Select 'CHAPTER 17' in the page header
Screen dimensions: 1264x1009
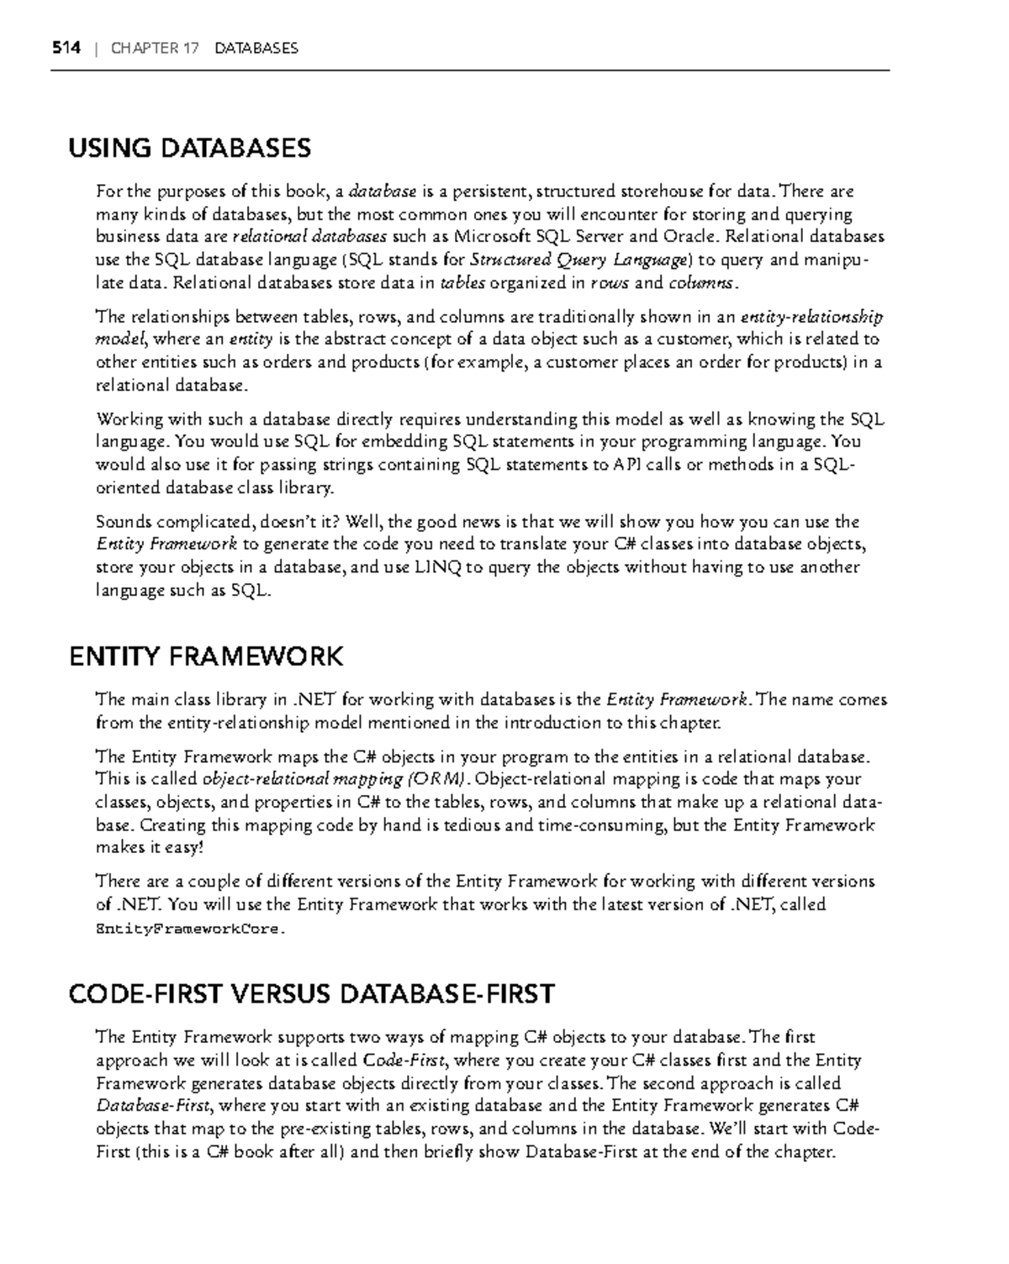pyautogui.click(x=155, y=48)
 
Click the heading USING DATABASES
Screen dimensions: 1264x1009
pyautogui.click(x=189, y=149)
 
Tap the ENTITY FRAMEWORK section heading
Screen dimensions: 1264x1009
pyautogui.click(x=206, y=656)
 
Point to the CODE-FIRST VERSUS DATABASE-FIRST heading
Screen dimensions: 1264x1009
pyautogui.click(x=311, y=994)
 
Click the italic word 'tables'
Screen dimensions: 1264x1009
pyautogui.click(x=462, y=283)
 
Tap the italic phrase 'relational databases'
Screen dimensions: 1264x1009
pyautogui.click(x=309, y=236)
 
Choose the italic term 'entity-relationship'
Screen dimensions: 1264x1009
pyautogui.click(x=811, y=318)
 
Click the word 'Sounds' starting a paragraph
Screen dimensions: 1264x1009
pyautogui.click(x=124, y=522)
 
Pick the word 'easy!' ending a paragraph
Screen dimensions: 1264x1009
pyautogui.click(x=185, y=848)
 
